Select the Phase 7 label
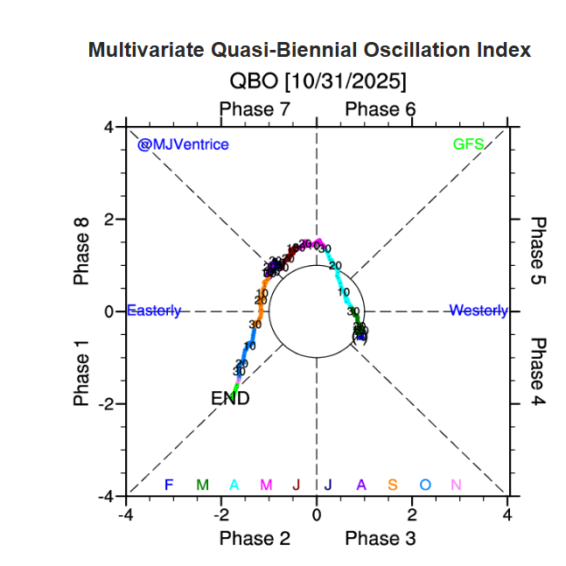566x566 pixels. coord(254,109)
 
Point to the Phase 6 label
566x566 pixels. coord(381,109)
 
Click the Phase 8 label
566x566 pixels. coord(82,251)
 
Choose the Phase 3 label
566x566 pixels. coord(381,537)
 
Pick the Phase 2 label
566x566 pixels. coord(254,537)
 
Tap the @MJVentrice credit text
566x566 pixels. coord(183,144)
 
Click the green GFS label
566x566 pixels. coord(468,144)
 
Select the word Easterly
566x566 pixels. coord(154,311)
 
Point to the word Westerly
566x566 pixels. coord(478,311)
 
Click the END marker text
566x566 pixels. coord(231,399)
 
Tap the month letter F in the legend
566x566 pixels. coord(169,485)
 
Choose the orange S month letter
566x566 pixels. coord(393,485)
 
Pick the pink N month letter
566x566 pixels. coord(456,485)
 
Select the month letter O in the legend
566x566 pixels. coord(425,485)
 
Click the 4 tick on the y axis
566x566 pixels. coord(109,127)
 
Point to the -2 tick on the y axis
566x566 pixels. coord(106,403)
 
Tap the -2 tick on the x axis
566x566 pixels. coord(222,514)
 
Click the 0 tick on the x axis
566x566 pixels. coord(317,514)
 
